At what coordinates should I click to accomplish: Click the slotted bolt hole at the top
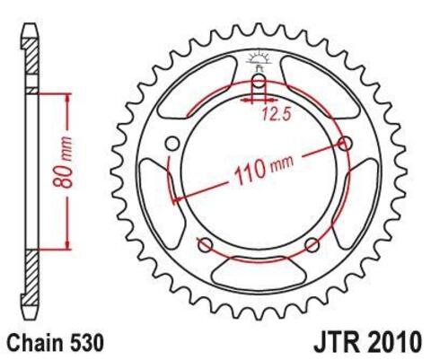(259, 87)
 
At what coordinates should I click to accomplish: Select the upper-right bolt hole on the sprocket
(346, 143)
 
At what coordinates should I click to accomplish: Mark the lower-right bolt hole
(312, 244)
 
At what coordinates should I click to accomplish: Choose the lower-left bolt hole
(205, 244)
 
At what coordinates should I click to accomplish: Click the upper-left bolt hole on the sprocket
(172, 143)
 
